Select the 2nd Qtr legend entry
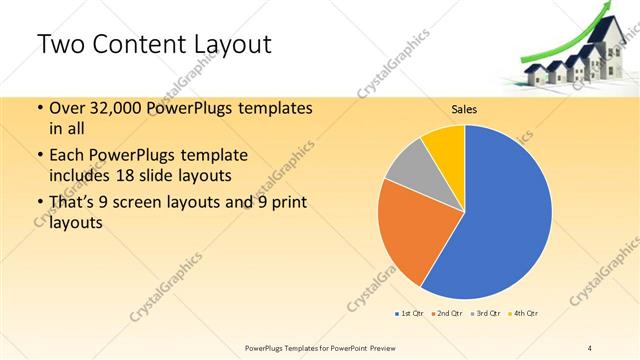coord(446,314)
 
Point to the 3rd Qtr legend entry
coord(484,314)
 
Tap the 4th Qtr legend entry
coord(523,314)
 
